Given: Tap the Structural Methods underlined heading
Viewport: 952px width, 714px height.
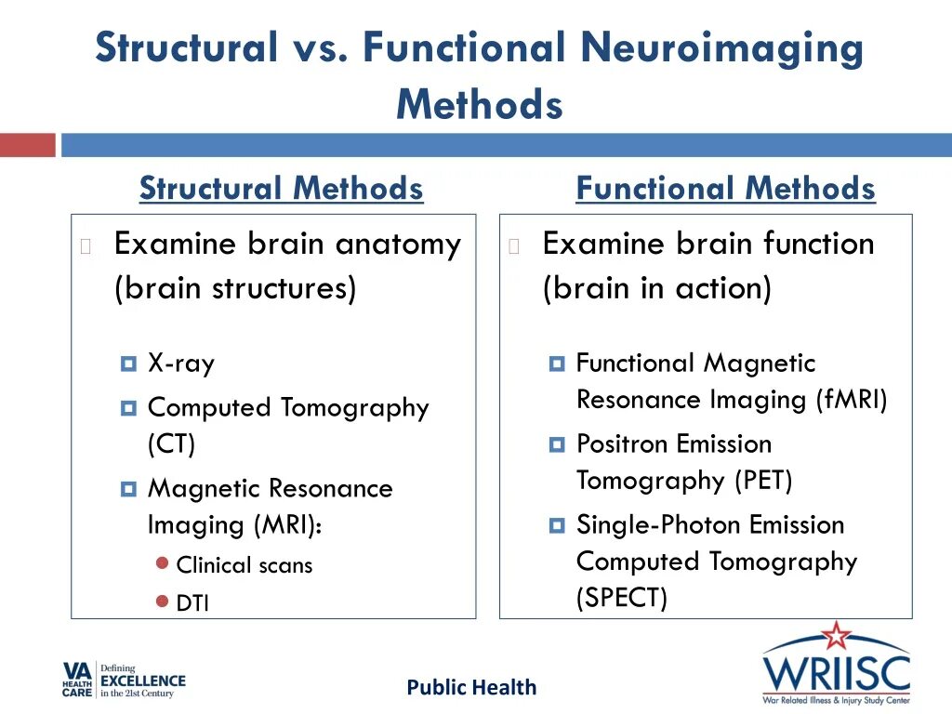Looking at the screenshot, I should [281, 189].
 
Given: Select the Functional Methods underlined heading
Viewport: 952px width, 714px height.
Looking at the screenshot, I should [725, 189].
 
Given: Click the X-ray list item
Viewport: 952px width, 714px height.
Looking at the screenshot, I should [181, 363].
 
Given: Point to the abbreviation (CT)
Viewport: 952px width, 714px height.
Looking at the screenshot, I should [172, 443].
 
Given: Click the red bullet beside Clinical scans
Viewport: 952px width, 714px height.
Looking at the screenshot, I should [162, 563].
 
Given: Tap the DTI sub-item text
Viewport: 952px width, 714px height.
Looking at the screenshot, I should [192, 603].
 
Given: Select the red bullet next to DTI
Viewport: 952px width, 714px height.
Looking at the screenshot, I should [162, 602].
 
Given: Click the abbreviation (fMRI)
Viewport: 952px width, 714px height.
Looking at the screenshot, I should [852, 400].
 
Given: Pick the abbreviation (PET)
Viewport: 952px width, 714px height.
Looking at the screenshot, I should [763, 481].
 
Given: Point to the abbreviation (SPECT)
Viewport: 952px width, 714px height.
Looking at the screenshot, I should [622, 598].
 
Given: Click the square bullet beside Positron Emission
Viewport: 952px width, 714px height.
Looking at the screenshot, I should [557, 444].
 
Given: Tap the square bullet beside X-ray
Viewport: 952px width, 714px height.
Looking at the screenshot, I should [128, 364].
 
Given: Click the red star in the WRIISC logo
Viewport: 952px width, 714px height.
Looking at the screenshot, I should [836, 637].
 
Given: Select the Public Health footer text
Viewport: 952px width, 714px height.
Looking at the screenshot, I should [471, 688].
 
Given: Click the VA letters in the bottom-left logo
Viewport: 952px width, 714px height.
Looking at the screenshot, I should [75, 668].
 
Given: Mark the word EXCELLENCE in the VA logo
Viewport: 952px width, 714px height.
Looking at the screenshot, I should [143, 681].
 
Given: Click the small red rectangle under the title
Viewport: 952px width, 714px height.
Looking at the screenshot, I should [27, 145].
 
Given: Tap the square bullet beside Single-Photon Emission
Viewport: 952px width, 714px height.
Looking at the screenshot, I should [557, 525].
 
